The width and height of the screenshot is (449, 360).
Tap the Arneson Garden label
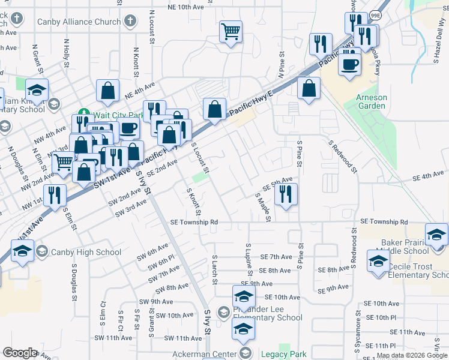[371, 101]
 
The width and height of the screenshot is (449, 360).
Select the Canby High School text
[86, 252]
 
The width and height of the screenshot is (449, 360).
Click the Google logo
[20, 353]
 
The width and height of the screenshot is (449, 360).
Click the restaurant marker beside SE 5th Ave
[286, 194]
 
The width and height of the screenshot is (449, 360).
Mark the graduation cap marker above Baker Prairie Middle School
[436, 233]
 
